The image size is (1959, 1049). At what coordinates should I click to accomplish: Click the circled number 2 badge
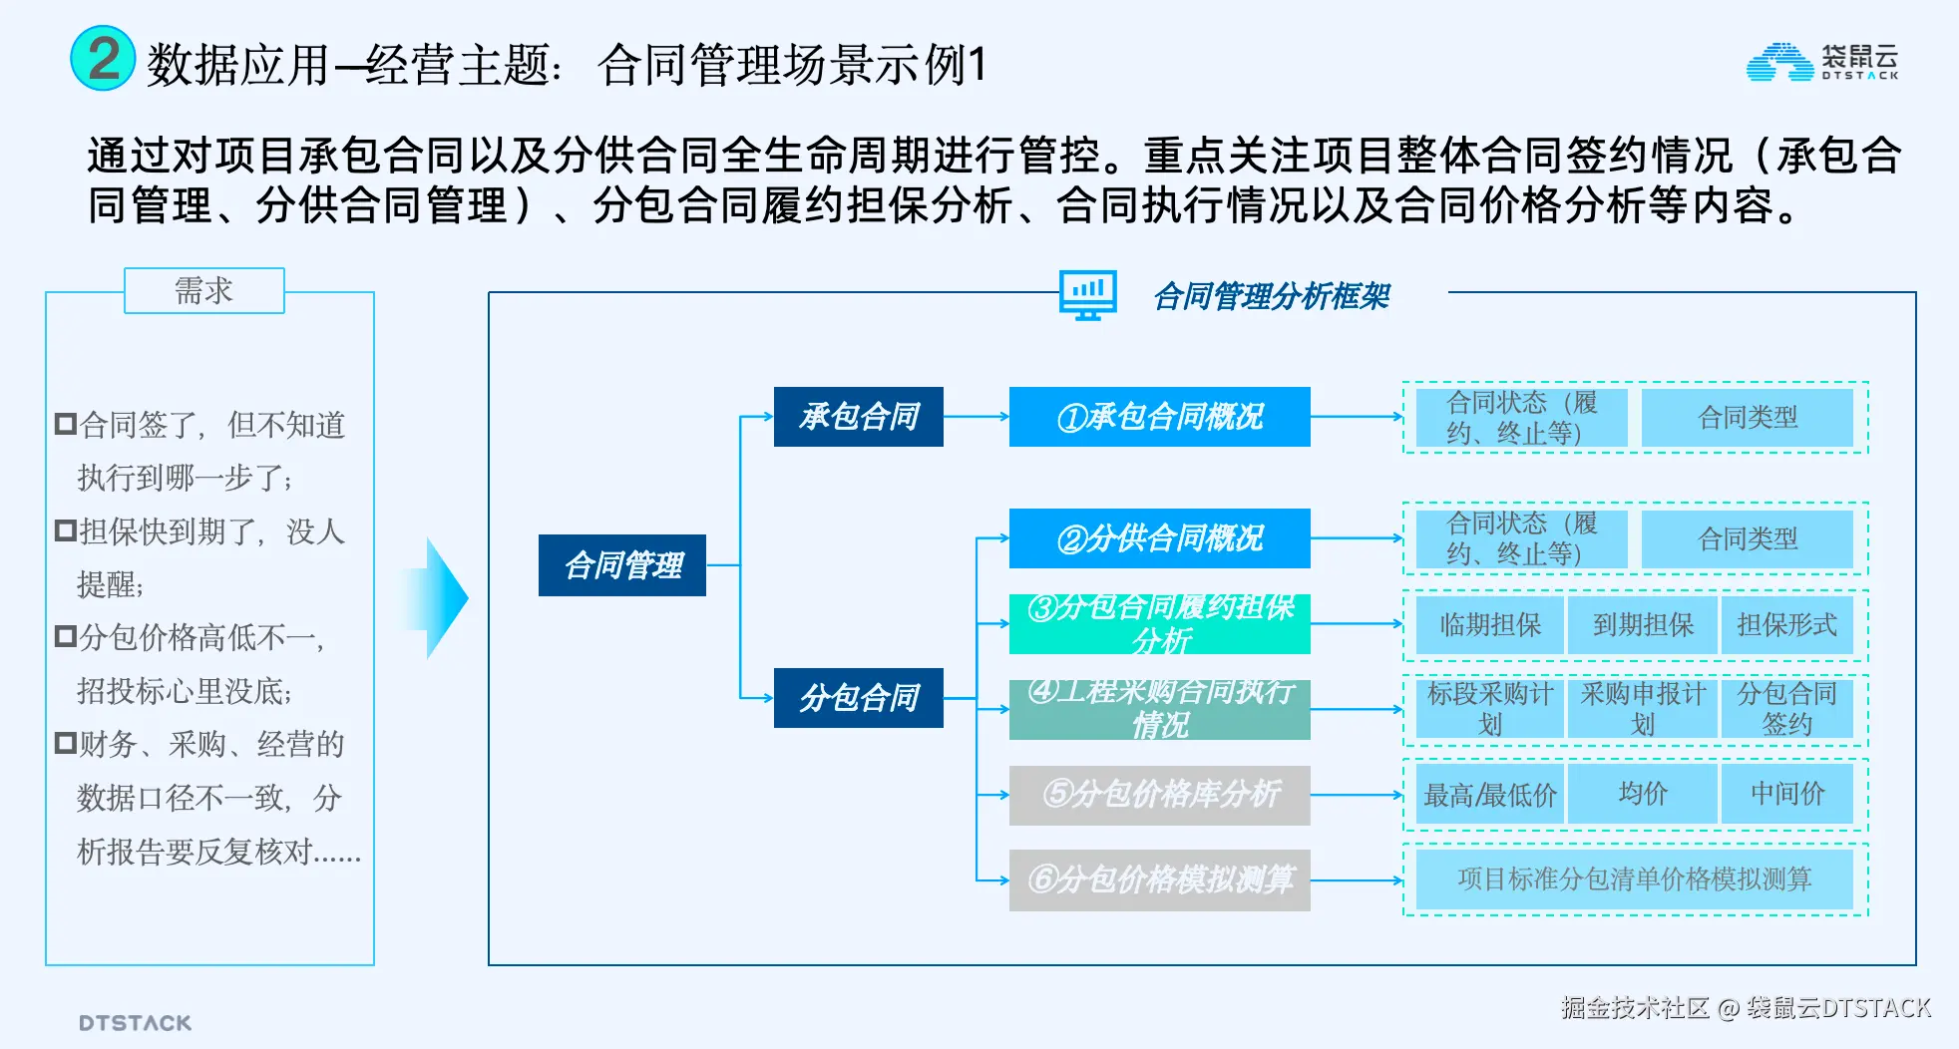tap(103, 59)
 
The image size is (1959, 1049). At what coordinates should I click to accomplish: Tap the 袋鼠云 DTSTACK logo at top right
tap(1822, 62)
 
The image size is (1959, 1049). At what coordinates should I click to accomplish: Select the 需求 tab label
tap(203, 290)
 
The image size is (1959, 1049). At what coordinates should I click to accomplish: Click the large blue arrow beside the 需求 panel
tap(439, 597)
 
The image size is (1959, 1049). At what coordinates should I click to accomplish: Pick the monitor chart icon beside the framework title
tap(1087, 296)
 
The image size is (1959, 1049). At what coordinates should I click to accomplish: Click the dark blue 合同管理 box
tap(622, 565)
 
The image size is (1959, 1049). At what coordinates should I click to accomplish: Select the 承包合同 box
tap(858, 417)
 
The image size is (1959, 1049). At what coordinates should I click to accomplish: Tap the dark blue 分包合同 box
tap(858, 698)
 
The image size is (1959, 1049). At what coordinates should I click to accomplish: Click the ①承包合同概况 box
tap(1159, 417)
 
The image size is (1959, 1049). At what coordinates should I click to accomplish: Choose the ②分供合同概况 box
tap(1159, 538)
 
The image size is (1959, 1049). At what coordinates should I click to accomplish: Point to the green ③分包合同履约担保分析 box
tap(1159, 624)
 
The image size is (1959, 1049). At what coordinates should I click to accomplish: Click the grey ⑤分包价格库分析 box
tap(1159, 795)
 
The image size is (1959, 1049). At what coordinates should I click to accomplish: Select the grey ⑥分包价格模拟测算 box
tap(1159, 879)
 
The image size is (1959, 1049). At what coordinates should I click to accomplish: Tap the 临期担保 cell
tap(1490, 625)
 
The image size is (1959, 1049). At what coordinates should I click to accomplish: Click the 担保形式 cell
tap(1786, 625)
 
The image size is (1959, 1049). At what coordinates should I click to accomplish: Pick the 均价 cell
tap(1642, 794)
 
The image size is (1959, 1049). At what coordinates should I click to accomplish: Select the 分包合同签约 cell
tap(1786, 709)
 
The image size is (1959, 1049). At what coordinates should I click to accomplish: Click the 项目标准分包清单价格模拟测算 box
tap(1634, 879)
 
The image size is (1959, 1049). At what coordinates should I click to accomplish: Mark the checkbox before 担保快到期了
tap(66, 530)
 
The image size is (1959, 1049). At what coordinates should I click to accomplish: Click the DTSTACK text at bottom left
tap(135, 1023)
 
